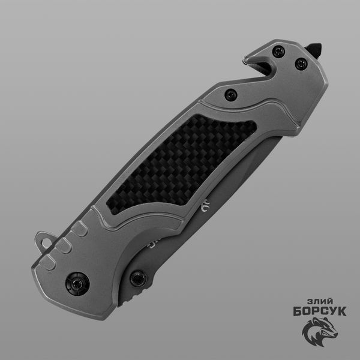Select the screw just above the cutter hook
(x=278, y=52)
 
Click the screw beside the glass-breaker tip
(x=301, y=64)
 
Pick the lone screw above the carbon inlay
(x=231, y=95)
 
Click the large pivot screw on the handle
(x=77, y=284)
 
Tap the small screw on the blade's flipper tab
(x=139, y=279)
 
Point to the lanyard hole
(x=47, y=243)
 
